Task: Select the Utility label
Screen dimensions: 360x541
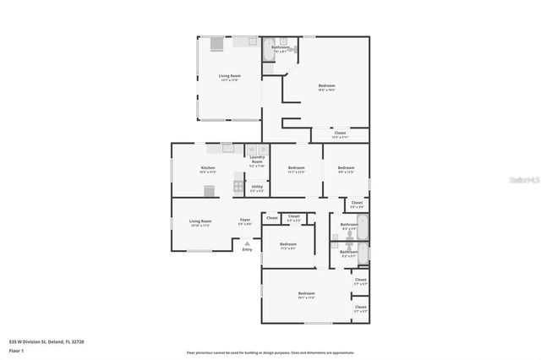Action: click(257, 188)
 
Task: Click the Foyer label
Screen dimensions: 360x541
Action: click(244, 221)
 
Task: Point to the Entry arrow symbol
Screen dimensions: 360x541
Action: click(247, 243)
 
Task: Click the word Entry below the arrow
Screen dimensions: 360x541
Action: click(247, 249)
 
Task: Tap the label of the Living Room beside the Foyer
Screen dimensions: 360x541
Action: click(200, 223)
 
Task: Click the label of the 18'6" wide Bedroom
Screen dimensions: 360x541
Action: click(326, 87)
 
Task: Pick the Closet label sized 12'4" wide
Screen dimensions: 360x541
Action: click(340, 134)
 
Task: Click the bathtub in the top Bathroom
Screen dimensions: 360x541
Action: click(269, 46)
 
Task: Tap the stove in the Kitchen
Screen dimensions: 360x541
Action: click(239, 187)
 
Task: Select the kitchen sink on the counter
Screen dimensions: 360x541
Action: click(227, 148)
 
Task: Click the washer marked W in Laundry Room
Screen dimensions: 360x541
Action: click(252, 150)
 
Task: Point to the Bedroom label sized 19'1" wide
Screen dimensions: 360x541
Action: click(306, 296)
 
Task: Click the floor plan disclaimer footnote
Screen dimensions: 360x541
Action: click(270, 352)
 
